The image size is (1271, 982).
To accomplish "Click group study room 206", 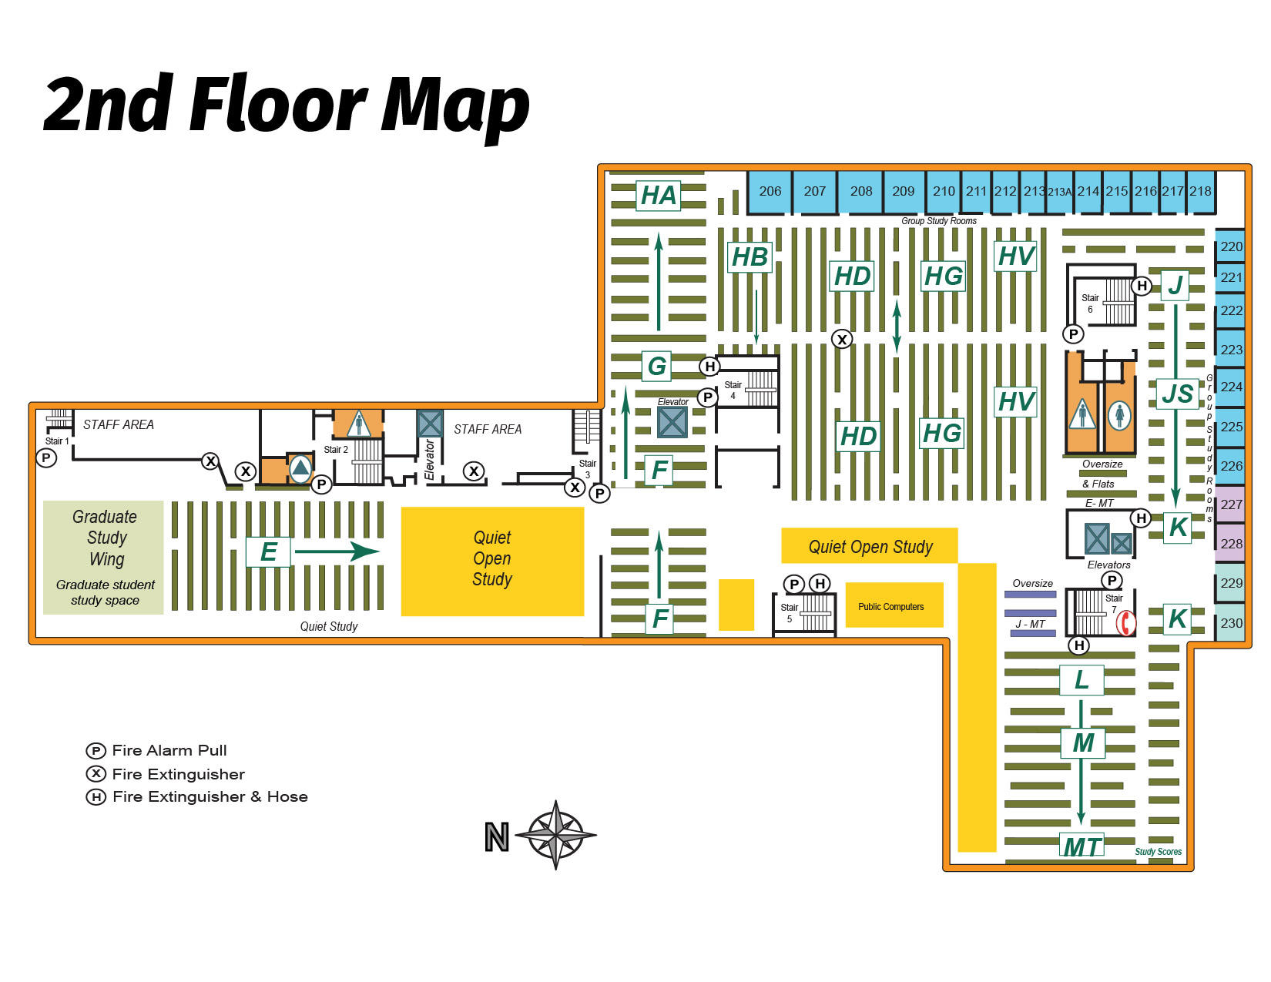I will [x=770, y=192].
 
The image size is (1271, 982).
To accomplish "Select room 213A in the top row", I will [x=1059, y=192].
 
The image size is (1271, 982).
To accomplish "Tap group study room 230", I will [x=1230, y=623].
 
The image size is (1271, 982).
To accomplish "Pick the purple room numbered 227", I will [x=1230, y=504].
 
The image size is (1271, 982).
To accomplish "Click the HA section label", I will [x=659, y=196].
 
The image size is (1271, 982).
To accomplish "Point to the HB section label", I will [x=750, y=257].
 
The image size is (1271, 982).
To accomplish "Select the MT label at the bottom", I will [x=1082, y=846].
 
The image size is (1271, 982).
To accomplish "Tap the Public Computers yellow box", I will [x=894, y=606].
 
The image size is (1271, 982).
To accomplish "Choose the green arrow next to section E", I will [x=337, y=551].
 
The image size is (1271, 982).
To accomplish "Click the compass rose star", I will [x=555, y=835].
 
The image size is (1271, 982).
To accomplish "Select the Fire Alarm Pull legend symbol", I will [x=96, y=751].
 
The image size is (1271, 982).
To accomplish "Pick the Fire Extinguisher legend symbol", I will [x=96, y=774].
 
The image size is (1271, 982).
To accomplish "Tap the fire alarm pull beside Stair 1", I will [x=46, y=458].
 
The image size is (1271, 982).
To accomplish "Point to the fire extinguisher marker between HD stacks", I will [x=842, y=339].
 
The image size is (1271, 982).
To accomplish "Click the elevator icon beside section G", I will [x=672, y=422].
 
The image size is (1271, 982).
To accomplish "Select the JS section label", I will [x=1177, y=394].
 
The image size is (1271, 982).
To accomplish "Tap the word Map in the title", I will [x=454, y=106].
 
